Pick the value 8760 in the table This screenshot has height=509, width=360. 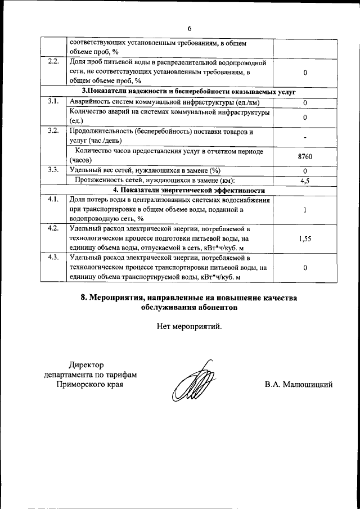point(304,156)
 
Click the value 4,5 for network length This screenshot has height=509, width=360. point(304,180)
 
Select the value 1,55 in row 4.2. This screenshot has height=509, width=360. point(304,238)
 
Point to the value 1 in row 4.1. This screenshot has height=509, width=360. point(304,210)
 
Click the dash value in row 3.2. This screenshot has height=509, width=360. point(304,137)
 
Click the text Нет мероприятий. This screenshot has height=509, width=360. point(190,326)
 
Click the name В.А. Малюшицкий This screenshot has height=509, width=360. point(299,385)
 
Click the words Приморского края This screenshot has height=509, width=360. point(90,385)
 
